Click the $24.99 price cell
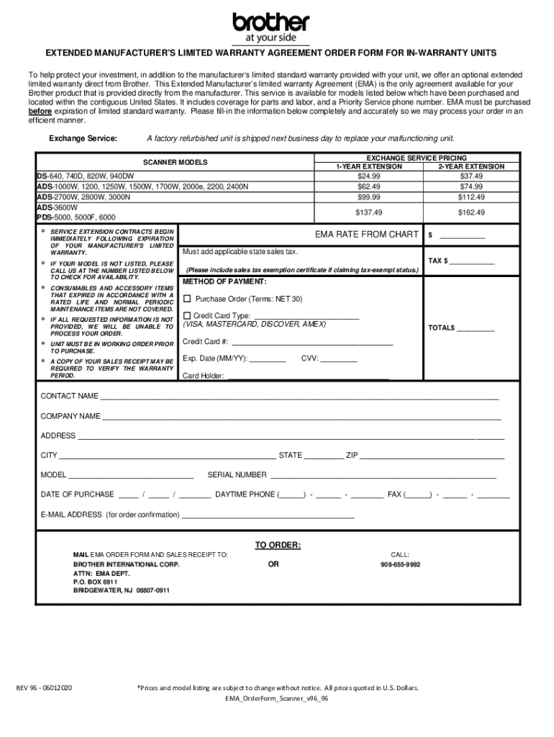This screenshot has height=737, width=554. [368, 176]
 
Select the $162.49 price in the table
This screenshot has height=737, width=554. [471, 212]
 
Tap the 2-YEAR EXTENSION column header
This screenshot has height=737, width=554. [471, 166]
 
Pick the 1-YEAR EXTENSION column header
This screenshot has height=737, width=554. [368, 166]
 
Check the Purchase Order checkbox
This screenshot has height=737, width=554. [188, 299]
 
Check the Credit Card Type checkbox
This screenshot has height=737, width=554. [188, 315]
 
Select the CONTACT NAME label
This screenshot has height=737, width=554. [69, 396]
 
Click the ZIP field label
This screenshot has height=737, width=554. [352, 456]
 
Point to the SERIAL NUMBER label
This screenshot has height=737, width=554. [237, 475]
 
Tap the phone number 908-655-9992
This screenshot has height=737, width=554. [400, 565]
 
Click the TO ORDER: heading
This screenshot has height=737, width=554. [278, 545]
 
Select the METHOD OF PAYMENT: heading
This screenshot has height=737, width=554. [224, 281]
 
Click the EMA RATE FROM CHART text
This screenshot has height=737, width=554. [366, 235]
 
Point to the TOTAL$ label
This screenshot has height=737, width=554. [442, 328]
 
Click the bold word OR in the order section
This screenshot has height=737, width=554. [273, 565]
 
